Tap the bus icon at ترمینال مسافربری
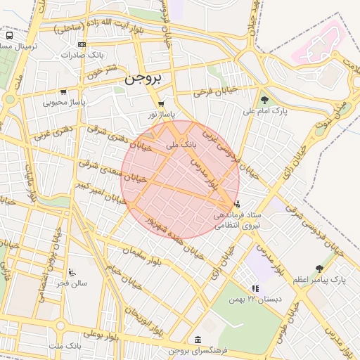pos(9,35)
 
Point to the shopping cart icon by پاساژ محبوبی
pos(64,92)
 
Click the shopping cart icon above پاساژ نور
pos(162,103)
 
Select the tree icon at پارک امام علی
pos(264,100)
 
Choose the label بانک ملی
pos(180,144)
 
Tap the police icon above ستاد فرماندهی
pos(236,204)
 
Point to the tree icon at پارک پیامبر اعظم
pos(319,269)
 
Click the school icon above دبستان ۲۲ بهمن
pos(255,288)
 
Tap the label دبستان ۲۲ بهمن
pos(255,300)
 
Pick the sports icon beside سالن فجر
pos(72,272)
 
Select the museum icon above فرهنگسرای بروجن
pos(196,340)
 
